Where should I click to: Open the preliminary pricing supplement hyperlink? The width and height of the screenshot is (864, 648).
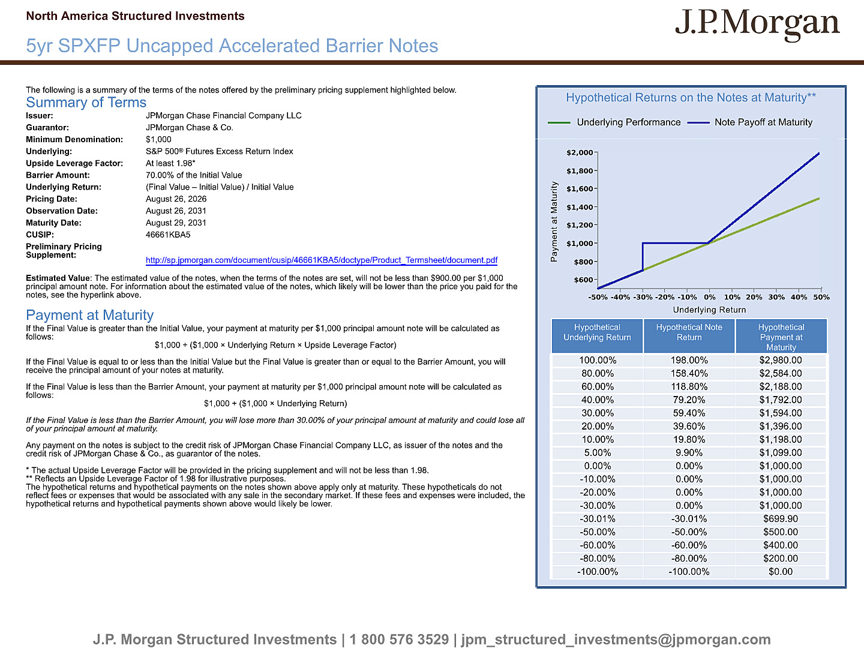[322, 260]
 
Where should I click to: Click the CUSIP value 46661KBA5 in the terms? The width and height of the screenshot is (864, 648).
[168, 235]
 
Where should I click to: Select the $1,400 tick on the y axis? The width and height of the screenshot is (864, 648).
[580, 207]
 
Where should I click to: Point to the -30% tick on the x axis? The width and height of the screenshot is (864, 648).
[643, 297]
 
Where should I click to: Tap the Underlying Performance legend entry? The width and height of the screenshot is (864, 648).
[614, 122]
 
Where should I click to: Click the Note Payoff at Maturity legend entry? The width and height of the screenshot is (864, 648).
[750, 122]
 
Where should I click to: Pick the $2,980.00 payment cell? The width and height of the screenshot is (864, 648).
[781, 361]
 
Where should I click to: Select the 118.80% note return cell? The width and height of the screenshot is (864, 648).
[689, 387]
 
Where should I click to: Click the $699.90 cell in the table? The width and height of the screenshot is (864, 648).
[781, 519]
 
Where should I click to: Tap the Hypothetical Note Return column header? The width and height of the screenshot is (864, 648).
[689, 332]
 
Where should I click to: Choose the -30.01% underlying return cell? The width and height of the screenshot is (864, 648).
[598, 519]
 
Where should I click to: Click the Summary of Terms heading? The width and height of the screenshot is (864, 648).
[86, 102]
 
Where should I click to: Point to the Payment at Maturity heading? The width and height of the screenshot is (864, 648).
[90, 315]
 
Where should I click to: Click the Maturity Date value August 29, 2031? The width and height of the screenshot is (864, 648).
[176, 223]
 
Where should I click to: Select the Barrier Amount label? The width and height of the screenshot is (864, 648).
[58, 175]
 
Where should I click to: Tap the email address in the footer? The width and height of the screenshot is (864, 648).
[616, 640]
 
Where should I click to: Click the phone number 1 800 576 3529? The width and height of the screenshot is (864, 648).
[399, 640]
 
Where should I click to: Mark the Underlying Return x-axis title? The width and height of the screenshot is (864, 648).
[709, 310]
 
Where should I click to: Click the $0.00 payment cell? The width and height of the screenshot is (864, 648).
[781, 572]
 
